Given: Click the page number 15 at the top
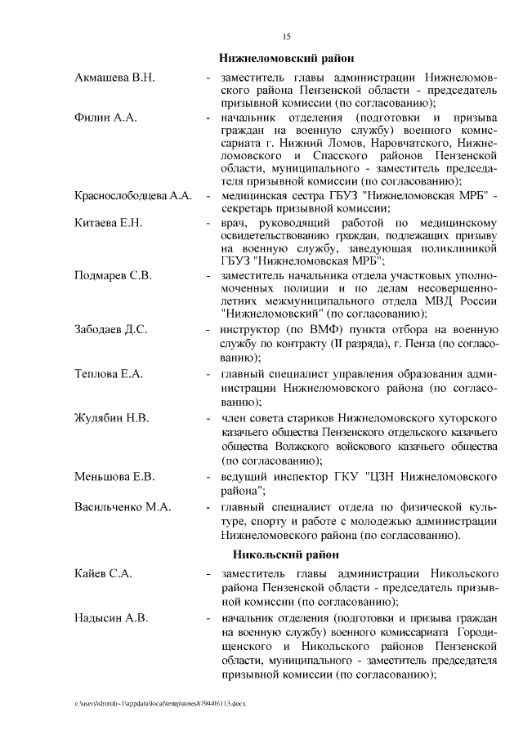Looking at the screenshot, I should coord(286,36).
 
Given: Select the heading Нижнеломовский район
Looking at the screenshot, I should coord(287,58).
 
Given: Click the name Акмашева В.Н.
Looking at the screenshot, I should coord(114,78).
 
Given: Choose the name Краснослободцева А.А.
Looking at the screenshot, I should coord(132,197).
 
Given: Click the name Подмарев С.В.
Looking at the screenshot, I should coord(113,274).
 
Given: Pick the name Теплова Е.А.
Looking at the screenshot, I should coord(109,374).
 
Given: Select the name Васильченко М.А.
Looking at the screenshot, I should coord(123,507).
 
